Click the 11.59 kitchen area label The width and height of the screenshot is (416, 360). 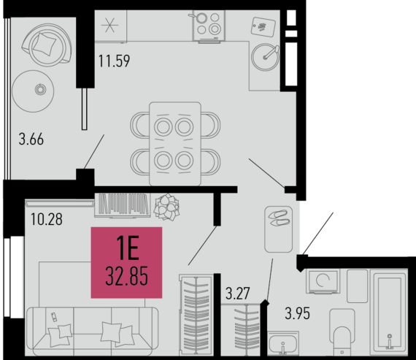[x=114, y=61]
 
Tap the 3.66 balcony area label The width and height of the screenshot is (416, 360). [x=31, y=139]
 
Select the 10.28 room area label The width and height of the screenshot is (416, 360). [x=47, y=219]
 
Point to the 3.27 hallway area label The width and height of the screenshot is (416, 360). [x=238, y=294]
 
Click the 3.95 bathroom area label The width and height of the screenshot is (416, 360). [x=298, y=313]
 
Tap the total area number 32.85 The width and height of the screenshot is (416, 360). [x=126, y=276]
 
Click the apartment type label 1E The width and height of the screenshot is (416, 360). [x=128, y=248]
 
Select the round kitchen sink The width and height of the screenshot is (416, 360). [x=265, y=57]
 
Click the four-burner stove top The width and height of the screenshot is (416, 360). [x=209, y=26]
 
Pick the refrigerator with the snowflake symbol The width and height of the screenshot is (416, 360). [x=111, y=26]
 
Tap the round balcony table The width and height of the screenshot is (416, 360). [x=33, y=91]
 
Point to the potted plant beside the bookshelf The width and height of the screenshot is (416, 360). [x=166, y=207]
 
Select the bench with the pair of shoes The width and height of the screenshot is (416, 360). [x=278, y=229]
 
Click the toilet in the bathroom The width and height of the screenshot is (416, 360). [x=342, y=332]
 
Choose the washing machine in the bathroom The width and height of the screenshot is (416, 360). [x=323, y=281]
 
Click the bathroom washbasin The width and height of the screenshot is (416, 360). [x=283, y=343]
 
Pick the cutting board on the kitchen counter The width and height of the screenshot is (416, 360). [x=263, y=26]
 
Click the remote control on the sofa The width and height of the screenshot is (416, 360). [x=54, y=317]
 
